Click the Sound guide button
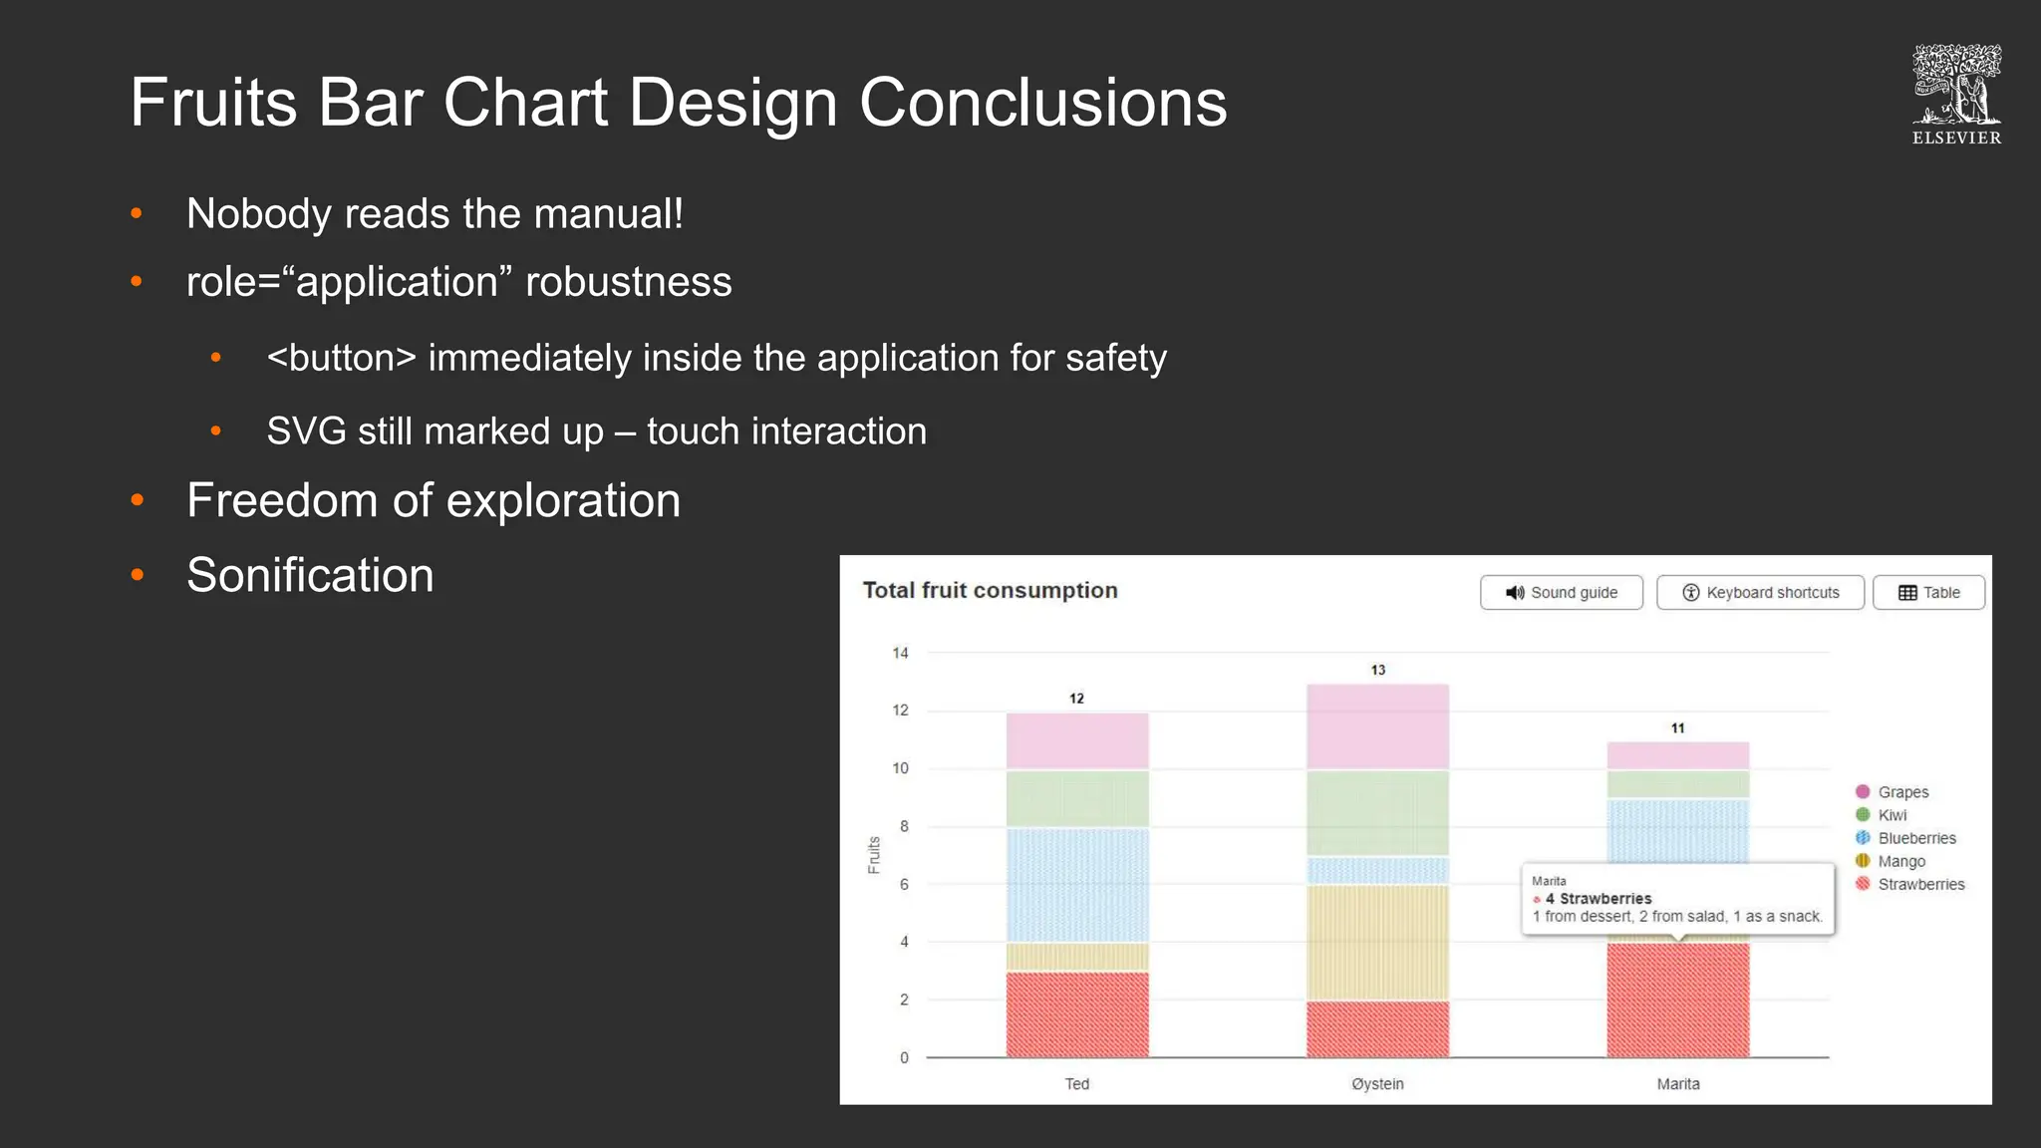(1561, 592)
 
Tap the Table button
(1928, 592)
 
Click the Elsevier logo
(1956, 95)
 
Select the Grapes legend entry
(1901, 792)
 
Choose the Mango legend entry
(1900, 861)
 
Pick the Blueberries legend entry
(1915, 838)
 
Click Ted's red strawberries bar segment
(1077, 1014)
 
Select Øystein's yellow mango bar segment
(1377, 942)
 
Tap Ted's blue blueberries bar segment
(1077, 885)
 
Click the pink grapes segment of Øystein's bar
(1377, 726)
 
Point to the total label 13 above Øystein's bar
(1377, 670)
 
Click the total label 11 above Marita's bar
(1678, 728)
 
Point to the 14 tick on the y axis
(900, 653)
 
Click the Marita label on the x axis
(1678, 1083)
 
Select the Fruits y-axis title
(874, 855)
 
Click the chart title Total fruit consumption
(990, 590)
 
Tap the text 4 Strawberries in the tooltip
(1599, 898)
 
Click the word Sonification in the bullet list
(310, 575)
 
